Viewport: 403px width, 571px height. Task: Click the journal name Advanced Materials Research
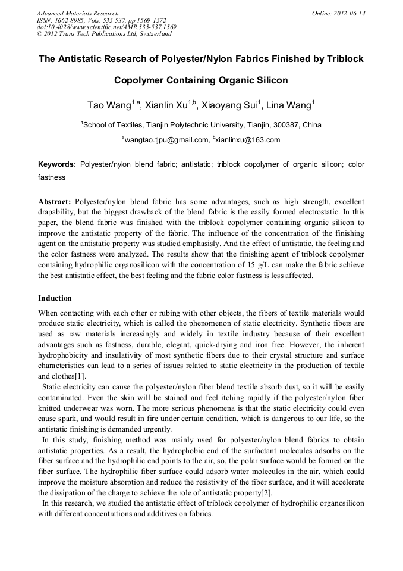(x=77, y=13)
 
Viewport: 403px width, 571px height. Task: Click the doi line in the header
(x=106, y=27)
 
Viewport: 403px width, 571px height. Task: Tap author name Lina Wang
(x=288, y=106)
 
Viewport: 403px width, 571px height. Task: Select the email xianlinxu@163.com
(x=248, y=140)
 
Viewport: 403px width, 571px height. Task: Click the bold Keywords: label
(x=57, y=164)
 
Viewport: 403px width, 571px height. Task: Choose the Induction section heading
(x=55, y=298)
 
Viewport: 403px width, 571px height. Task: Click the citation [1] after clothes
(x=80, y=376)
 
